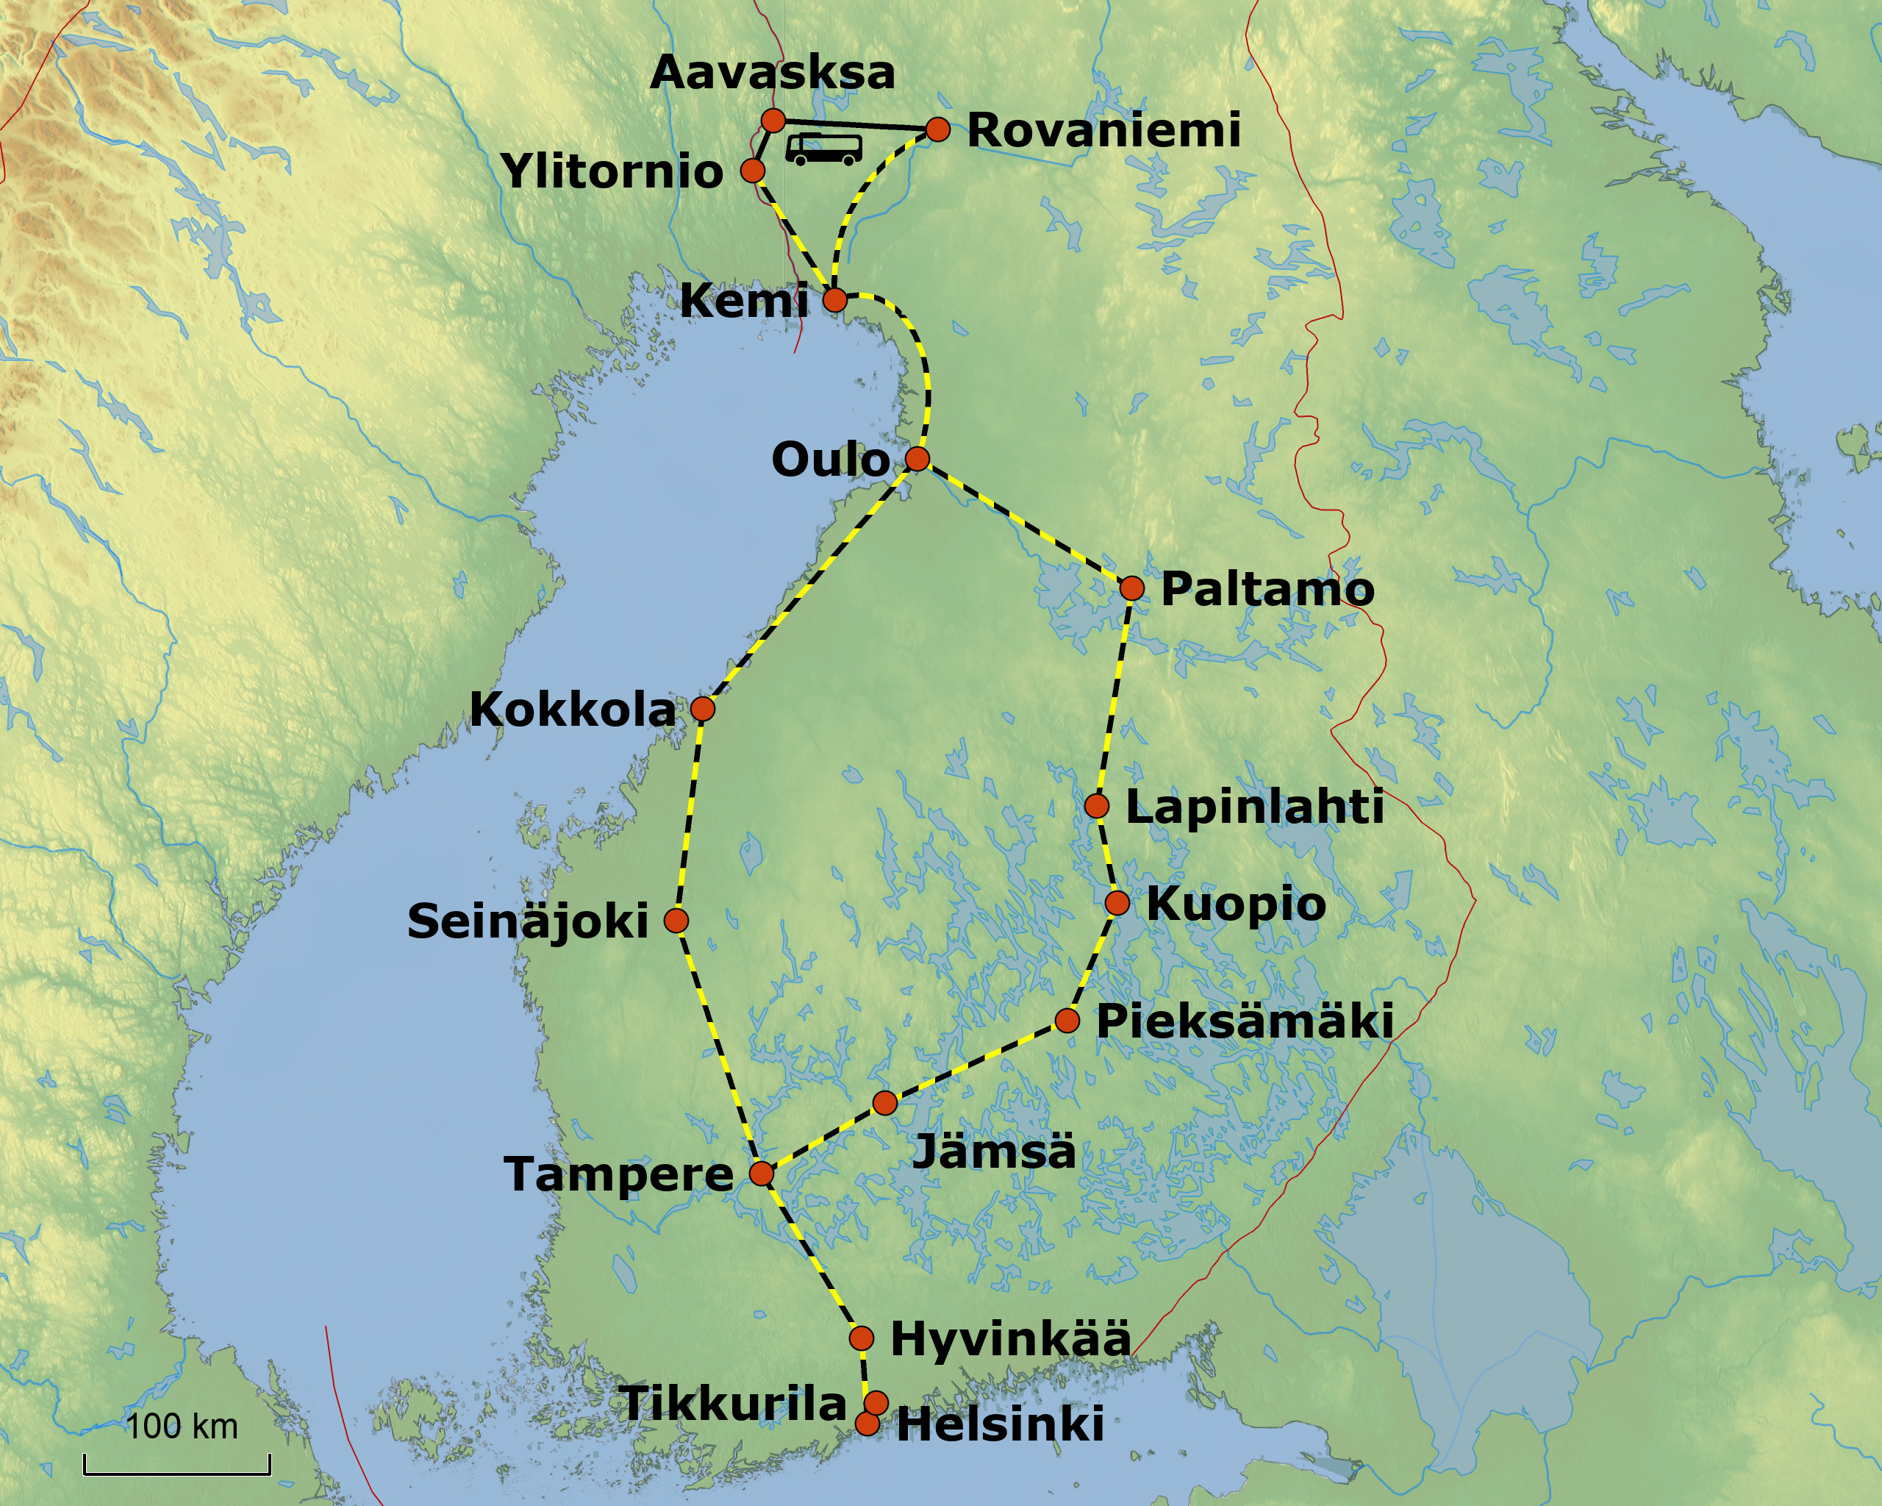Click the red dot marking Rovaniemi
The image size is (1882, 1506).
pos(937,129)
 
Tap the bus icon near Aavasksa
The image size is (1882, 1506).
pos(823,149)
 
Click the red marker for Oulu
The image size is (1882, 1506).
pos(917,458)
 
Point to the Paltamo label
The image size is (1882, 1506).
pos(1267,589)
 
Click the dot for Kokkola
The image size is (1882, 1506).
pos(703,708)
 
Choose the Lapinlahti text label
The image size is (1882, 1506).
pos(1254,807)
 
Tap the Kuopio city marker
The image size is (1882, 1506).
pos(1117,903)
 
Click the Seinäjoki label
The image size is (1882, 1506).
pos(528,922)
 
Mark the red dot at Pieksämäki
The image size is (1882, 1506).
pos(1067,1020)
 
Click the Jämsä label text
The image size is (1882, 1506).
pos(994,1152)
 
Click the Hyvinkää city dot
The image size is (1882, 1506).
pos(861,1338)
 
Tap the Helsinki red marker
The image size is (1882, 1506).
pos(867,1424)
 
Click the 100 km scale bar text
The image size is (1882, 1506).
pos(182,1426)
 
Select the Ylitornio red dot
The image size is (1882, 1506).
pos(753,171)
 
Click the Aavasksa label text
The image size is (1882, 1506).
pos(773,73)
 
